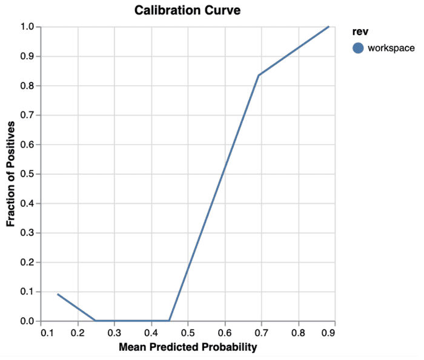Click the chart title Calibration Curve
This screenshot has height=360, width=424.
(x=187, y=10)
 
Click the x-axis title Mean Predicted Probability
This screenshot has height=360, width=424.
(x=188, y=347)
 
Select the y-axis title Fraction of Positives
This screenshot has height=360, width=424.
(x=11, y=174)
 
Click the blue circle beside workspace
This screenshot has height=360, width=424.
(x=358, y=48)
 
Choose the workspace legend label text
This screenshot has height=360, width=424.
(x=391, y=48)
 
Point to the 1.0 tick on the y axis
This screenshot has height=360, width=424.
(x=28, y=27)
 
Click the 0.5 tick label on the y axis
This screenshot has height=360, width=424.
(x=28, y=174)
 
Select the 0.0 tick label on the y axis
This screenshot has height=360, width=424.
(x=28, y=321)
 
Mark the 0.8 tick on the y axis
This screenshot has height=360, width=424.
(x=28, y=86)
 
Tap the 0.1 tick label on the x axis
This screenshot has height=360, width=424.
(x=41, y=333)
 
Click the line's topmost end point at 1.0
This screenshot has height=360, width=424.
(x=329, y=27)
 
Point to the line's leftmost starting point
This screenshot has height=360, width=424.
(x=58, y=294)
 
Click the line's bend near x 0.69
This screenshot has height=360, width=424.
(x=259, y=75)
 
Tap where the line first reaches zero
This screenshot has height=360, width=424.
(x=96, y=321)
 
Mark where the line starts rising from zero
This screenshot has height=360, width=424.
(x=170, y=321)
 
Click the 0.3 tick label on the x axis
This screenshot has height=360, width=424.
(x=114, y=333)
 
